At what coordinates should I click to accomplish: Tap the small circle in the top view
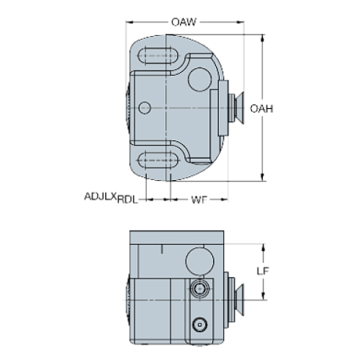click(145, 107)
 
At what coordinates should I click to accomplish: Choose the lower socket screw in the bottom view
click(198, 323)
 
